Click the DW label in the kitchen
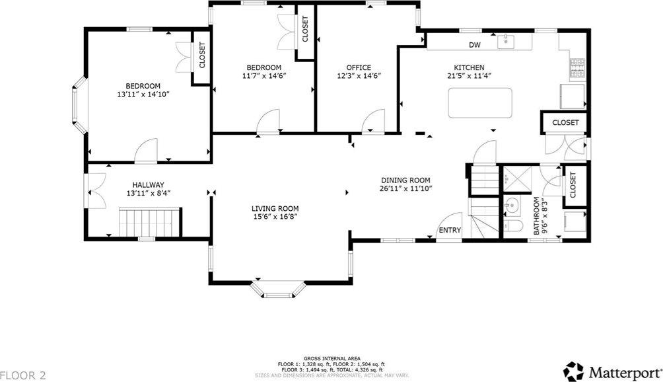pos(474,45)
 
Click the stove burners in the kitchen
pos(577,67)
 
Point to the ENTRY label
pos(450,230)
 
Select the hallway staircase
pos(149,221)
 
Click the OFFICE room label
pos(359,67)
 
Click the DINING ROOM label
pos(405,180)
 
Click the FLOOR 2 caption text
pos(23,375)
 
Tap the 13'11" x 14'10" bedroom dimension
pos(143,95)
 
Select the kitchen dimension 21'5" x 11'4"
pos(469,76)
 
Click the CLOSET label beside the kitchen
pos(565,122)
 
